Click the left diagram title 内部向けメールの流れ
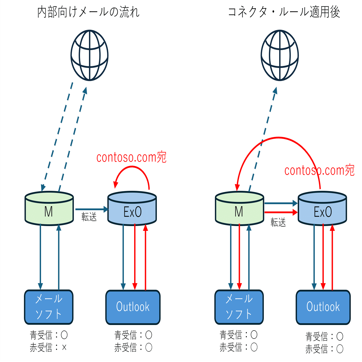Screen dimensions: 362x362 (x=88, y=12)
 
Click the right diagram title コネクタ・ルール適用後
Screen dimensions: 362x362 (x=284, y=12)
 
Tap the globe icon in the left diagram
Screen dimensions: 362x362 (x=89, y=55)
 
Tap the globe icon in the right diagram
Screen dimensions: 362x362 (x=280, y=55)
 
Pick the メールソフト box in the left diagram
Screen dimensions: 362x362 (x=49, y=307)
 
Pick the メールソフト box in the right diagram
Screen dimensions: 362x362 (x=239, y=307)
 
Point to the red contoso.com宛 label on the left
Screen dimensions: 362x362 (x=131, y=157)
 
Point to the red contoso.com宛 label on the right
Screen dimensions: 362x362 (x=319, y=170)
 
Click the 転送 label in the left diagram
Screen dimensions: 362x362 (x=89, y=216)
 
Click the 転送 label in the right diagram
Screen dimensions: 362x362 (x=278, y=223)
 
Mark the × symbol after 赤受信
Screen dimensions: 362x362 (x=64, y=348)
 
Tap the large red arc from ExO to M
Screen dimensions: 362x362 (x=278, y=138)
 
